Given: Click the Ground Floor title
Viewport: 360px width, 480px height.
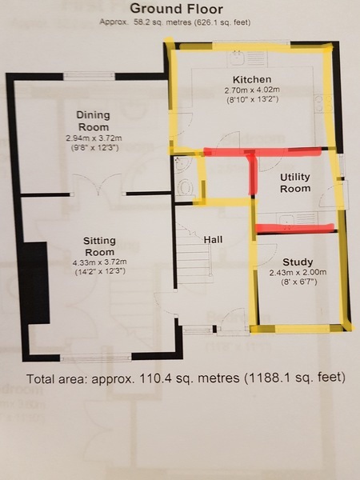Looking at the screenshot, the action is tap(176, 9).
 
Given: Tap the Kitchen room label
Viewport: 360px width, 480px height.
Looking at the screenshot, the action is tap(252, 79).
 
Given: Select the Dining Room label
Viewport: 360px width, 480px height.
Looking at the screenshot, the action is tap(93, 121).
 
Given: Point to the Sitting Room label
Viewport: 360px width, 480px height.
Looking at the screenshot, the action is tap(99, 246).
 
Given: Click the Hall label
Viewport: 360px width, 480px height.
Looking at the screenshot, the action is tap(213, 239).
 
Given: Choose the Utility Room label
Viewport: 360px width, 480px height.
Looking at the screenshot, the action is tap(295, 182).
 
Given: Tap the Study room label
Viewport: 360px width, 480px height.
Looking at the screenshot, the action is tap(298, 262).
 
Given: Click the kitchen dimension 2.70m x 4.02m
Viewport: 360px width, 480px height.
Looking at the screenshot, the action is tap(252, 90).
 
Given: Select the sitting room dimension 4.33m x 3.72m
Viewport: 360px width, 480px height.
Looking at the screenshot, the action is tap(99, 262).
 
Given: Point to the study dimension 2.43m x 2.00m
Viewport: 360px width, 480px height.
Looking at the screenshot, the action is tap(298, 273).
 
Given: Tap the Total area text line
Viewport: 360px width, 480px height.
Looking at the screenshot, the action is tap(186, 378).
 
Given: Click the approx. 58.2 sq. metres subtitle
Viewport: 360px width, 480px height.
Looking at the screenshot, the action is tap(175, 22).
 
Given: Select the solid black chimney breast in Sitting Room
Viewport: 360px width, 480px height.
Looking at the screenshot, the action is tap(34, 282).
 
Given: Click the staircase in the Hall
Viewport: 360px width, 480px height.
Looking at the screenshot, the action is tap(194, 256).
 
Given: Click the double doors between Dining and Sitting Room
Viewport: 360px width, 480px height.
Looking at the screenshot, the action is tap(98, 185).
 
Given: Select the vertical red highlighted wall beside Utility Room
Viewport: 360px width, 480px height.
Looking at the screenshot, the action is tap(252, 174).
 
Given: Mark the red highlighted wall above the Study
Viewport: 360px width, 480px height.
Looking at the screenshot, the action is tap(294, 227).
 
